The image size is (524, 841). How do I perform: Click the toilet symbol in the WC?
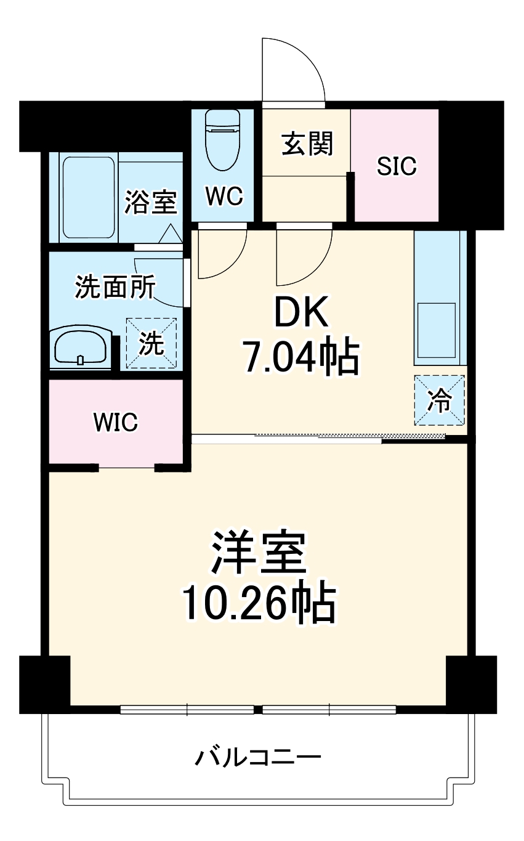pos(222,140)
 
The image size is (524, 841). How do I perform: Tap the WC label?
pos(224,197)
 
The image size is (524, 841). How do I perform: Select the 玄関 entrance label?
pos(307,144)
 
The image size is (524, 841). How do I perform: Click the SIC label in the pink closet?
pos(397,166)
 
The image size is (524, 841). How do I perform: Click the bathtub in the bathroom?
pos(88,198)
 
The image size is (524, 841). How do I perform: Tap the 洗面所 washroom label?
pos(115,288)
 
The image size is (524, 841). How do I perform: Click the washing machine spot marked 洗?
pos(151,344)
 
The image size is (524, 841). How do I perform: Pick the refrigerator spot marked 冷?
pos(440,400)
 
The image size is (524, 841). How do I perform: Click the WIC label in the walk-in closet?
pos(116,422)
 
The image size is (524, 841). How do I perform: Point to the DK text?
pos(302,315)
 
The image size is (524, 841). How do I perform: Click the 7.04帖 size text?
pos(302,358)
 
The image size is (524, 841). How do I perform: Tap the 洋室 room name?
pos(259,552)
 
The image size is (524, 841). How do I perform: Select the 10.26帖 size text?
pos(259,603)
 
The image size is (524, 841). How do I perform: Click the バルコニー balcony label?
pos(259,757)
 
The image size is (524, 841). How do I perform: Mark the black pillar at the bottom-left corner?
pos(44,684)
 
